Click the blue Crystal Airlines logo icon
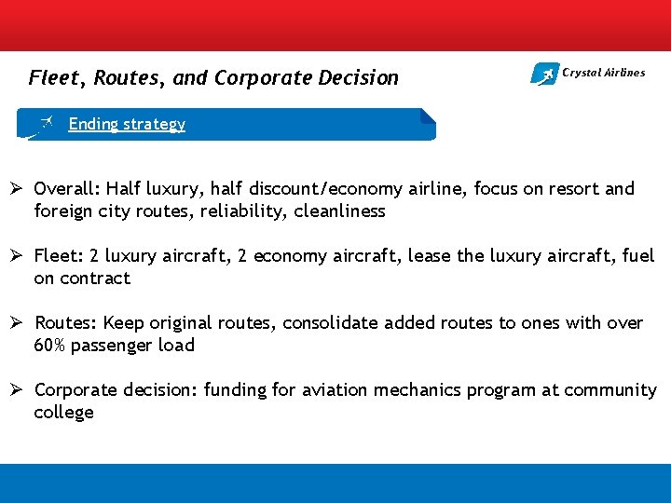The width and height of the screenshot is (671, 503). coord(544,74)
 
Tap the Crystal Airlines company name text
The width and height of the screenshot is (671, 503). coord(603,73)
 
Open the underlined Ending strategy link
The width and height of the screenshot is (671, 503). coord(127,124)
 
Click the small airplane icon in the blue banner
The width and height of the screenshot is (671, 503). coord(47,123)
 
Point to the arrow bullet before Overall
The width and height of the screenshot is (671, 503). coord(20,189)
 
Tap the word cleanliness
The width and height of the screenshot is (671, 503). coord(339,211)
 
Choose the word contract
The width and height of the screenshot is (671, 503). coord(95,279)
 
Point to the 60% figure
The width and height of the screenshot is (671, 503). coord(50,346)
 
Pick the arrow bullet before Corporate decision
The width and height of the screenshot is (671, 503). coord(20,390)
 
